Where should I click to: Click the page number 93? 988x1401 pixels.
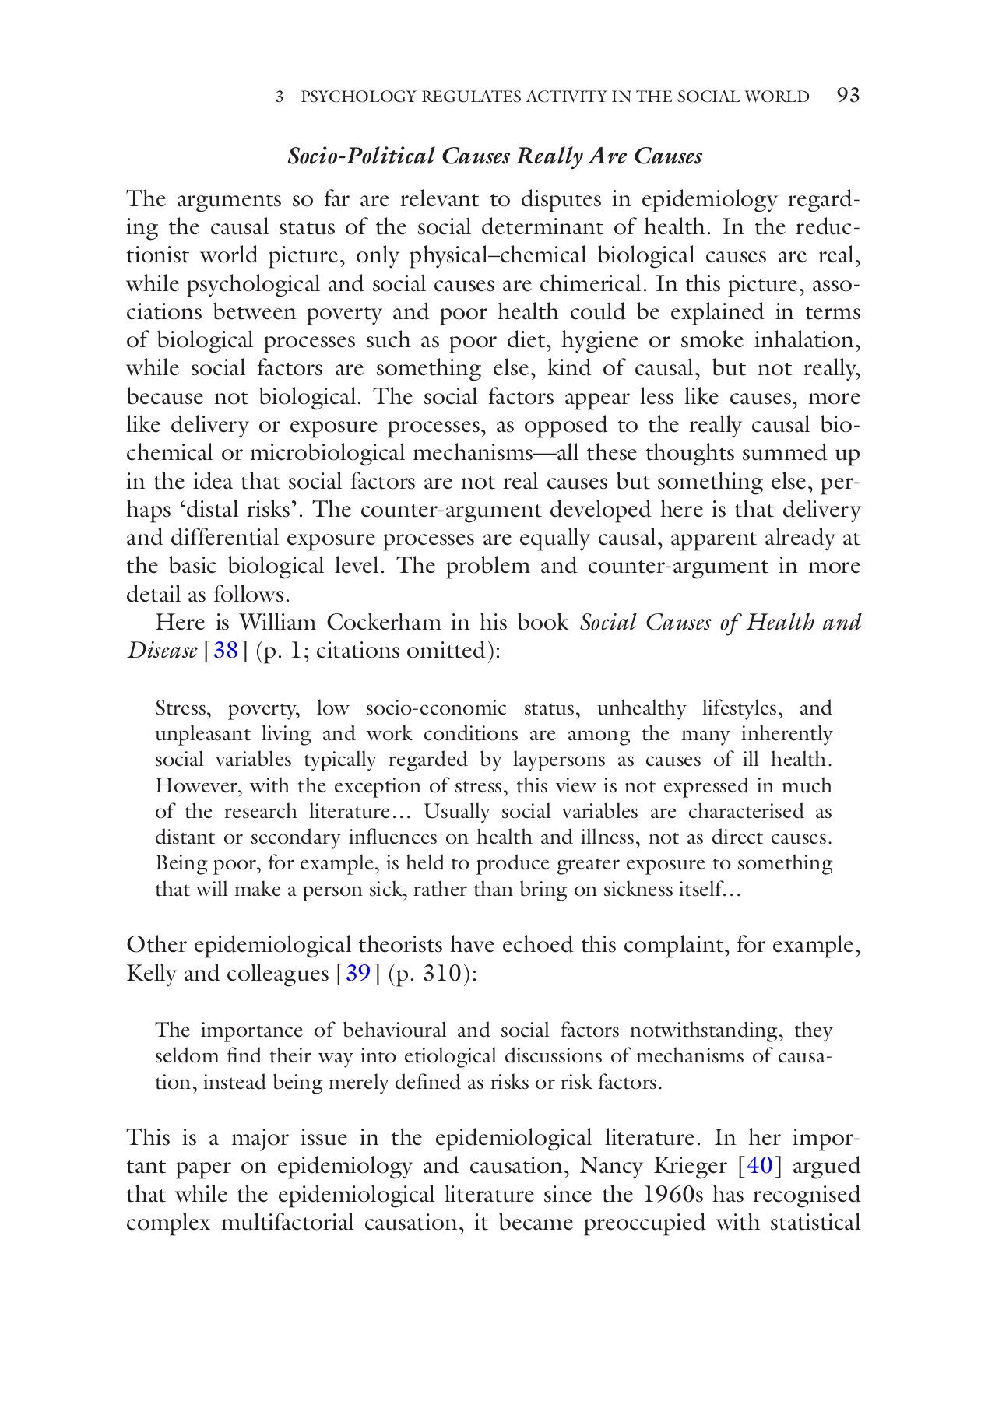click(847, 96)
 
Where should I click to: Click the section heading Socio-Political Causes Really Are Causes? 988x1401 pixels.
click(494, 156)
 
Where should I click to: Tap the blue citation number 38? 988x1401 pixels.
click(225, 651)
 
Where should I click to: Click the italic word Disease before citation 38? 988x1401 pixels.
click(161, 651)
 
